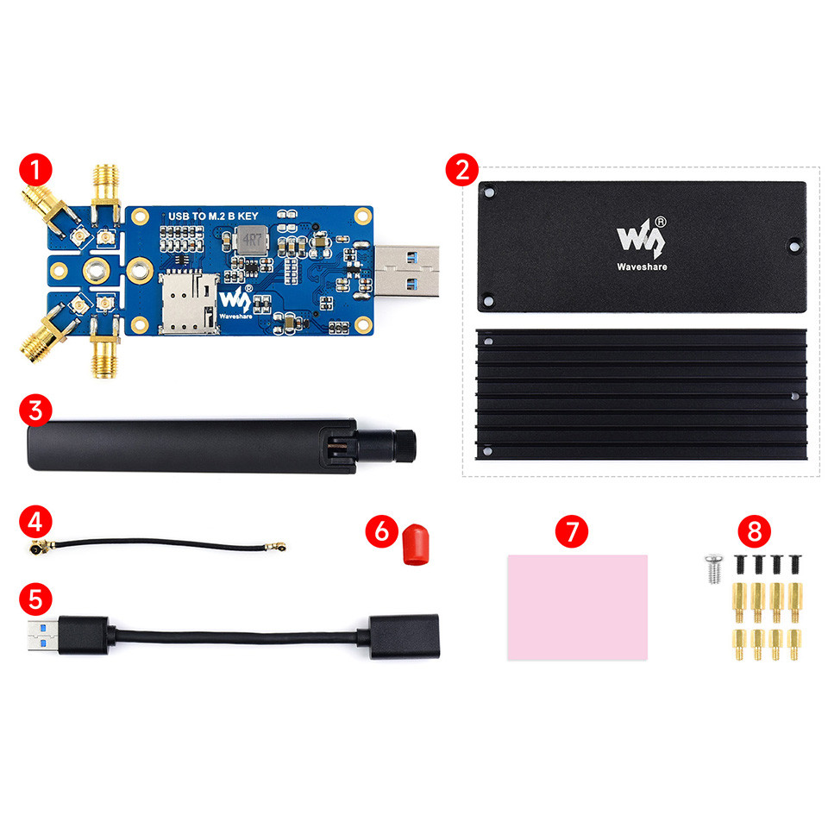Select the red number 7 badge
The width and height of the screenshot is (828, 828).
pos(570,530)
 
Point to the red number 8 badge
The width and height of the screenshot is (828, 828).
pos(755,530)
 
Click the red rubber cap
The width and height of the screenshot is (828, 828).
pos(416,546)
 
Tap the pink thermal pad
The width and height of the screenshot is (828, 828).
pos(577,607)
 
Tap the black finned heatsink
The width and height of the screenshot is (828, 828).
pos(641,396)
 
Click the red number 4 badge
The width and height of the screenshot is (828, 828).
pos(34,522)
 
